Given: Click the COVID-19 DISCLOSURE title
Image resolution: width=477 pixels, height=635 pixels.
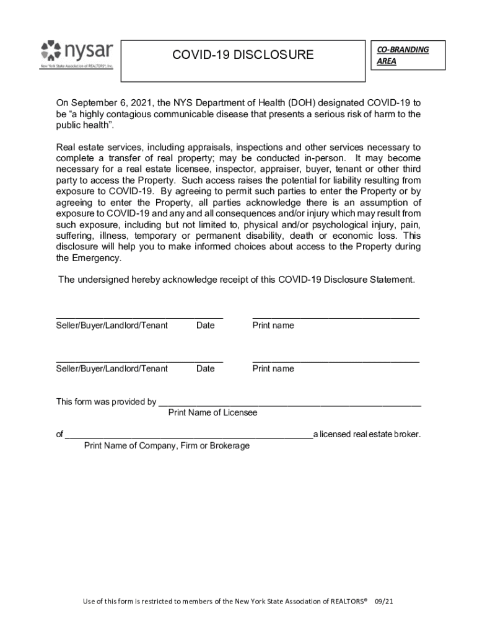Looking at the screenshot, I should point(243,55).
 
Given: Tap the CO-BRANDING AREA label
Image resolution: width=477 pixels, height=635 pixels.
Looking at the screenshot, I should point(402,55).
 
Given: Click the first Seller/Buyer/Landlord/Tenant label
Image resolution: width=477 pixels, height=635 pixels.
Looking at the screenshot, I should point(112,326).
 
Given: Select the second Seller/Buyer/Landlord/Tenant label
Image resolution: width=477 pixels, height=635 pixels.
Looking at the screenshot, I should point(112,369).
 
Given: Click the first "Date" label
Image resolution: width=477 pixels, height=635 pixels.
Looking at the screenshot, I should point(205,326).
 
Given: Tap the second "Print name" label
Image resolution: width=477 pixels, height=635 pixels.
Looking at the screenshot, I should point(273,369).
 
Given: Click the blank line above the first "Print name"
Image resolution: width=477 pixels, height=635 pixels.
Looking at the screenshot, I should point(335,317).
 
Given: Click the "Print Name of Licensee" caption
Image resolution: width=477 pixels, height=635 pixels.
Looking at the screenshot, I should point(212,412).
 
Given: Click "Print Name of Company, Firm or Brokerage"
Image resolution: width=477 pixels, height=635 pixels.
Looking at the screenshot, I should point(167,446).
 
